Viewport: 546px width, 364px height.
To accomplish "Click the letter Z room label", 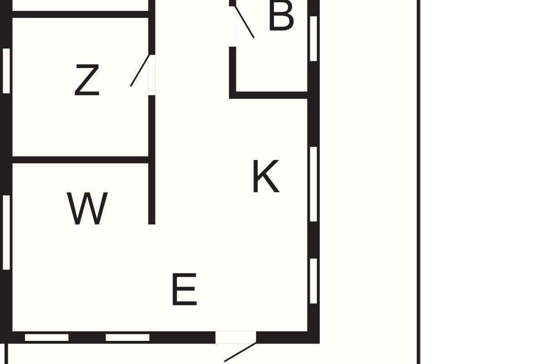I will (86, 81).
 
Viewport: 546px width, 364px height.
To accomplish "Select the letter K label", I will (265, 177).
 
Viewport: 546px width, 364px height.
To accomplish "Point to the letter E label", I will (184, 289).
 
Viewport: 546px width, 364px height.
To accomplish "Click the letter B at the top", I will (281, 17).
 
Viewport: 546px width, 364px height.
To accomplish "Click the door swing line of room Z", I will (140, 71).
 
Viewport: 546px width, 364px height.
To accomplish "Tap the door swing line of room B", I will (244, 22).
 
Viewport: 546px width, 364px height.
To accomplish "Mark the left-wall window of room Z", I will (6, 71).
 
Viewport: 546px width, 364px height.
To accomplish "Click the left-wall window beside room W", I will (6, 232).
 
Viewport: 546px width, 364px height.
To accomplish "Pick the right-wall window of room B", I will (313, 39).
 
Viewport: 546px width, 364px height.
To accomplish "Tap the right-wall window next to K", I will (313, 184).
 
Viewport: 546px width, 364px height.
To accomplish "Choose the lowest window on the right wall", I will (313, 281).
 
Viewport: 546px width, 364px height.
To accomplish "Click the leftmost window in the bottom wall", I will (46, 338).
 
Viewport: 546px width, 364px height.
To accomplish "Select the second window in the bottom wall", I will (127, 338).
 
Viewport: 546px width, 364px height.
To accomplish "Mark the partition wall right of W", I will (152, 191).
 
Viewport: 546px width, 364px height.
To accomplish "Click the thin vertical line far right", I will (419, 182).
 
